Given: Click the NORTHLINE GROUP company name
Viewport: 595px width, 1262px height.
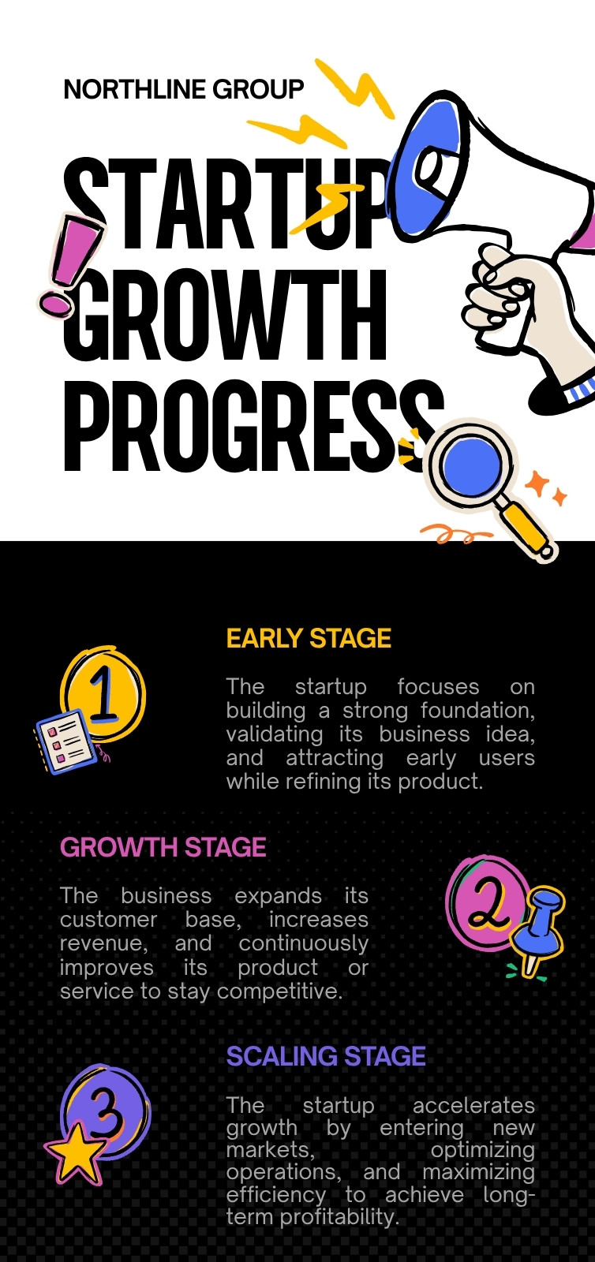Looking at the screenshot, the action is pyautogui.click(x=184, y=90).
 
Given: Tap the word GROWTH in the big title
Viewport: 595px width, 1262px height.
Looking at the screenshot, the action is pyautogui.click(x=225, y=315).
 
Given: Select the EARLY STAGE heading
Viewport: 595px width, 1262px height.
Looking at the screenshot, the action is pyautogui.click(x=309, y=638).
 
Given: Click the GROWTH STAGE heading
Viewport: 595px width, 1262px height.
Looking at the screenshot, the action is pyautogui.click(x=163, y=847).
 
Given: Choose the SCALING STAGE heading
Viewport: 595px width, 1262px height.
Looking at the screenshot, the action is pyautogui.click(x=326, y=1056).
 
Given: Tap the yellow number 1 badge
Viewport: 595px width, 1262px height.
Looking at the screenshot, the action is pyautogui.click(x=103, y=694).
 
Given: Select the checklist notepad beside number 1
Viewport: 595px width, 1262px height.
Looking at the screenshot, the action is pyautogui.click(x=66, y=741).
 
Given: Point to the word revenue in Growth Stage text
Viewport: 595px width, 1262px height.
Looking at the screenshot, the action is pyautogui.click(x=103, y=943).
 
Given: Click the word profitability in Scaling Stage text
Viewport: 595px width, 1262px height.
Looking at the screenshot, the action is pyautogui.click(x=339, y=1216).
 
